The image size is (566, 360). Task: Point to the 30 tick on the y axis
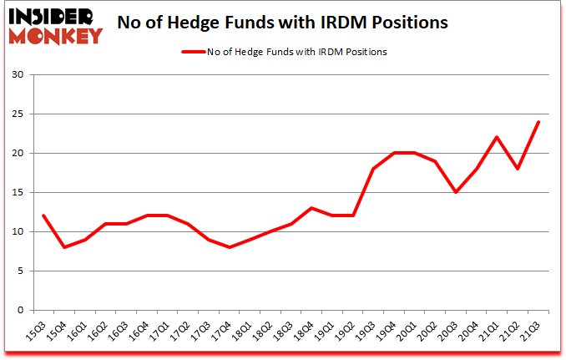18,75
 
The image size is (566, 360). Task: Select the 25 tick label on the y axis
18,114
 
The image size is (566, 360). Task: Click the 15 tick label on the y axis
18,193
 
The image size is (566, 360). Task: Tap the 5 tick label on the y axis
21,271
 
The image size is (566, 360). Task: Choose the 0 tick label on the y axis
21,310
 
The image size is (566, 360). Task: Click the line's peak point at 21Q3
538,122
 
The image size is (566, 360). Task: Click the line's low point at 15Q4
64,247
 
